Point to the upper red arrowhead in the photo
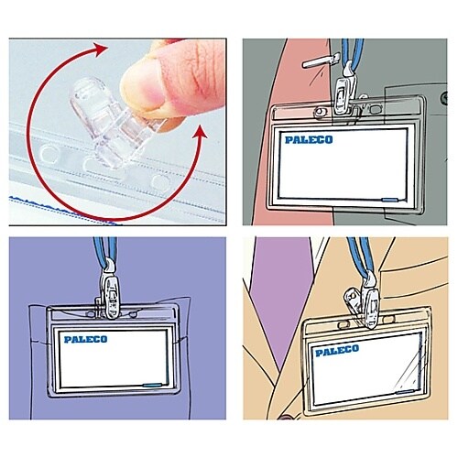click(100, 49)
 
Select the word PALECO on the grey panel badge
click(309, 140)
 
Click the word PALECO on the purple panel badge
click(86, 339)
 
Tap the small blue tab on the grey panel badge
click(390, 200)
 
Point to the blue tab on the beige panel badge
click(405, 392)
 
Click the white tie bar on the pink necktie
click(321, 60)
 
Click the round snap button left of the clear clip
click(49, 154)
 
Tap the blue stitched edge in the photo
click(62, 211)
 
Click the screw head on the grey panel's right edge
click(444, 98)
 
